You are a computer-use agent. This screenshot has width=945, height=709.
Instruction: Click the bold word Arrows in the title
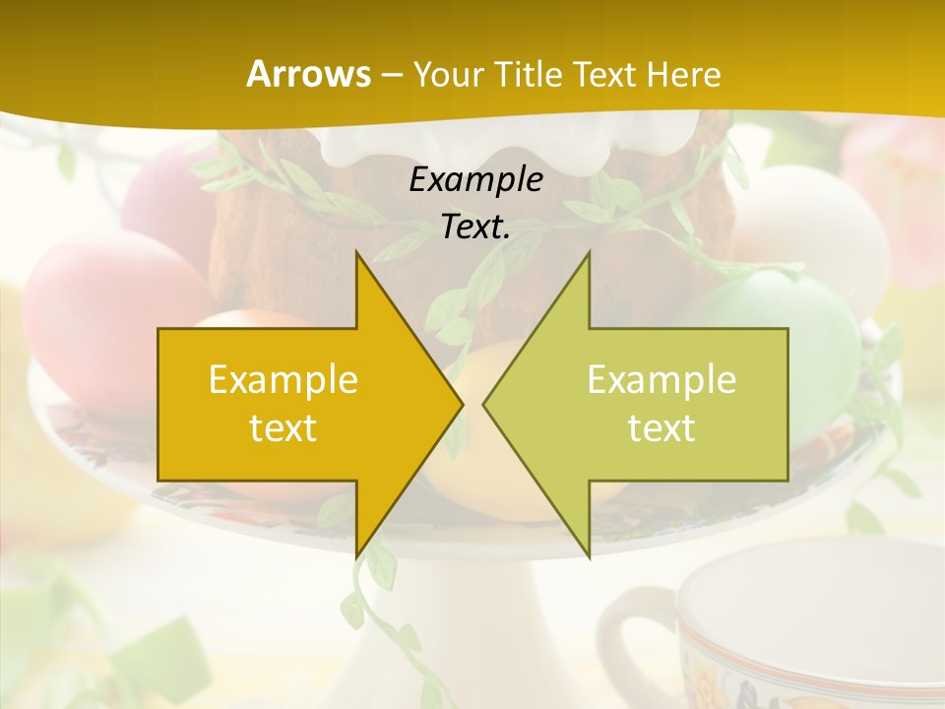pos(308,74)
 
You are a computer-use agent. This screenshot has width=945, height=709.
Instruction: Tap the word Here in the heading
pos(684,75)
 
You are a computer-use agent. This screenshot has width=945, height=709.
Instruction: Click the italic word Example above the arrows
pos(475,180)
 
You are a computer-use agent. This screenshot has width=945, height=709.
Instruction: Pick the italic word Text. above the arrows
pos(475,227)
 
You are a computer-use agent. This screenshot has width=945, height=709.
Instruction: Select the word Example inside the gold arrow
pos(283,380)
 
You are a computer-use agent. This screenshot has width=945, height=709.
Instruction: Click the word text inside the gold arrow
pos(283,428)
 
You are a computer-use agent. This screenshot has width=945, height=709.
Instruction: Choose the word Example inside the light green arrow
pos(661,380)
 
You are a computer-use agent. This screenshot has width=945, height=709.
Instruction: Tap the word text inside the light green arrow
pos(661,428)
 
